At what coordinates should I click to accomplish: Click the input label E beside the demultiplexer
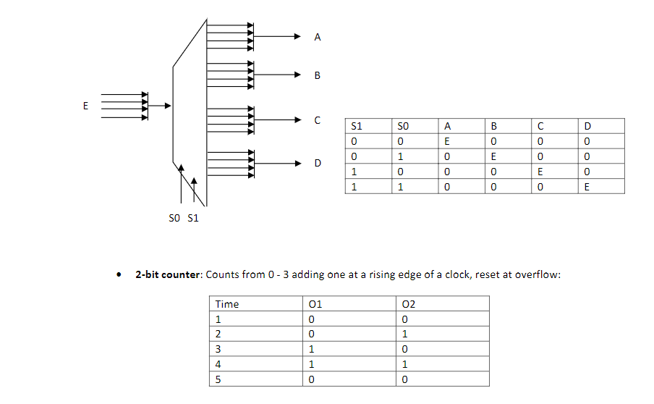85,106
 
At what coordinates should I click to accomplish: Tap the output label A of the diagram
318,37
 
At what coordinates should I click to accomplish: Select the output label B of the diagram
318,75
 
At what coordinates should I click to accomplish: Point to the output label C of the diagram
318,120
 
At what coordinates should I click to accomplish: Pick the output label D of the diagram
318,164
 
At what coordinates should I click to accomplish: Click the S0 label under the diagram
174,219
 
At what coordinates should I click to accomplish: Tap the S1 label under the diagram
192,219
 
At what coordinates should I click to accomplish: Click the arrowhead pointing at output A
296,36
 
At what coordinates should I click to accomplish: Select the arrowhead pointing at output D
296,163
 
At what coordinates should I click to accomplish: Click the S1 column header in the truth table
356,126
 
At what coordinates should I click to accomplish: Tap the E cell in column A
447,141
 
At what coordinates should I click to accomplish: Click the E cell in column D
587,187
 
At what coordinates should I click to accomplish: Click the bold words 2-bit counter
169,275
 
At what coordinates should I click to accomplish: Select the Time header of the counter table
227,304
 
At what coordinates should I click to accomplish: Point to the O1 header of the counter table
315,304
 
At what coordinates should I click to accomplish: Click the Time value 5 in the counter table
218,379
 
